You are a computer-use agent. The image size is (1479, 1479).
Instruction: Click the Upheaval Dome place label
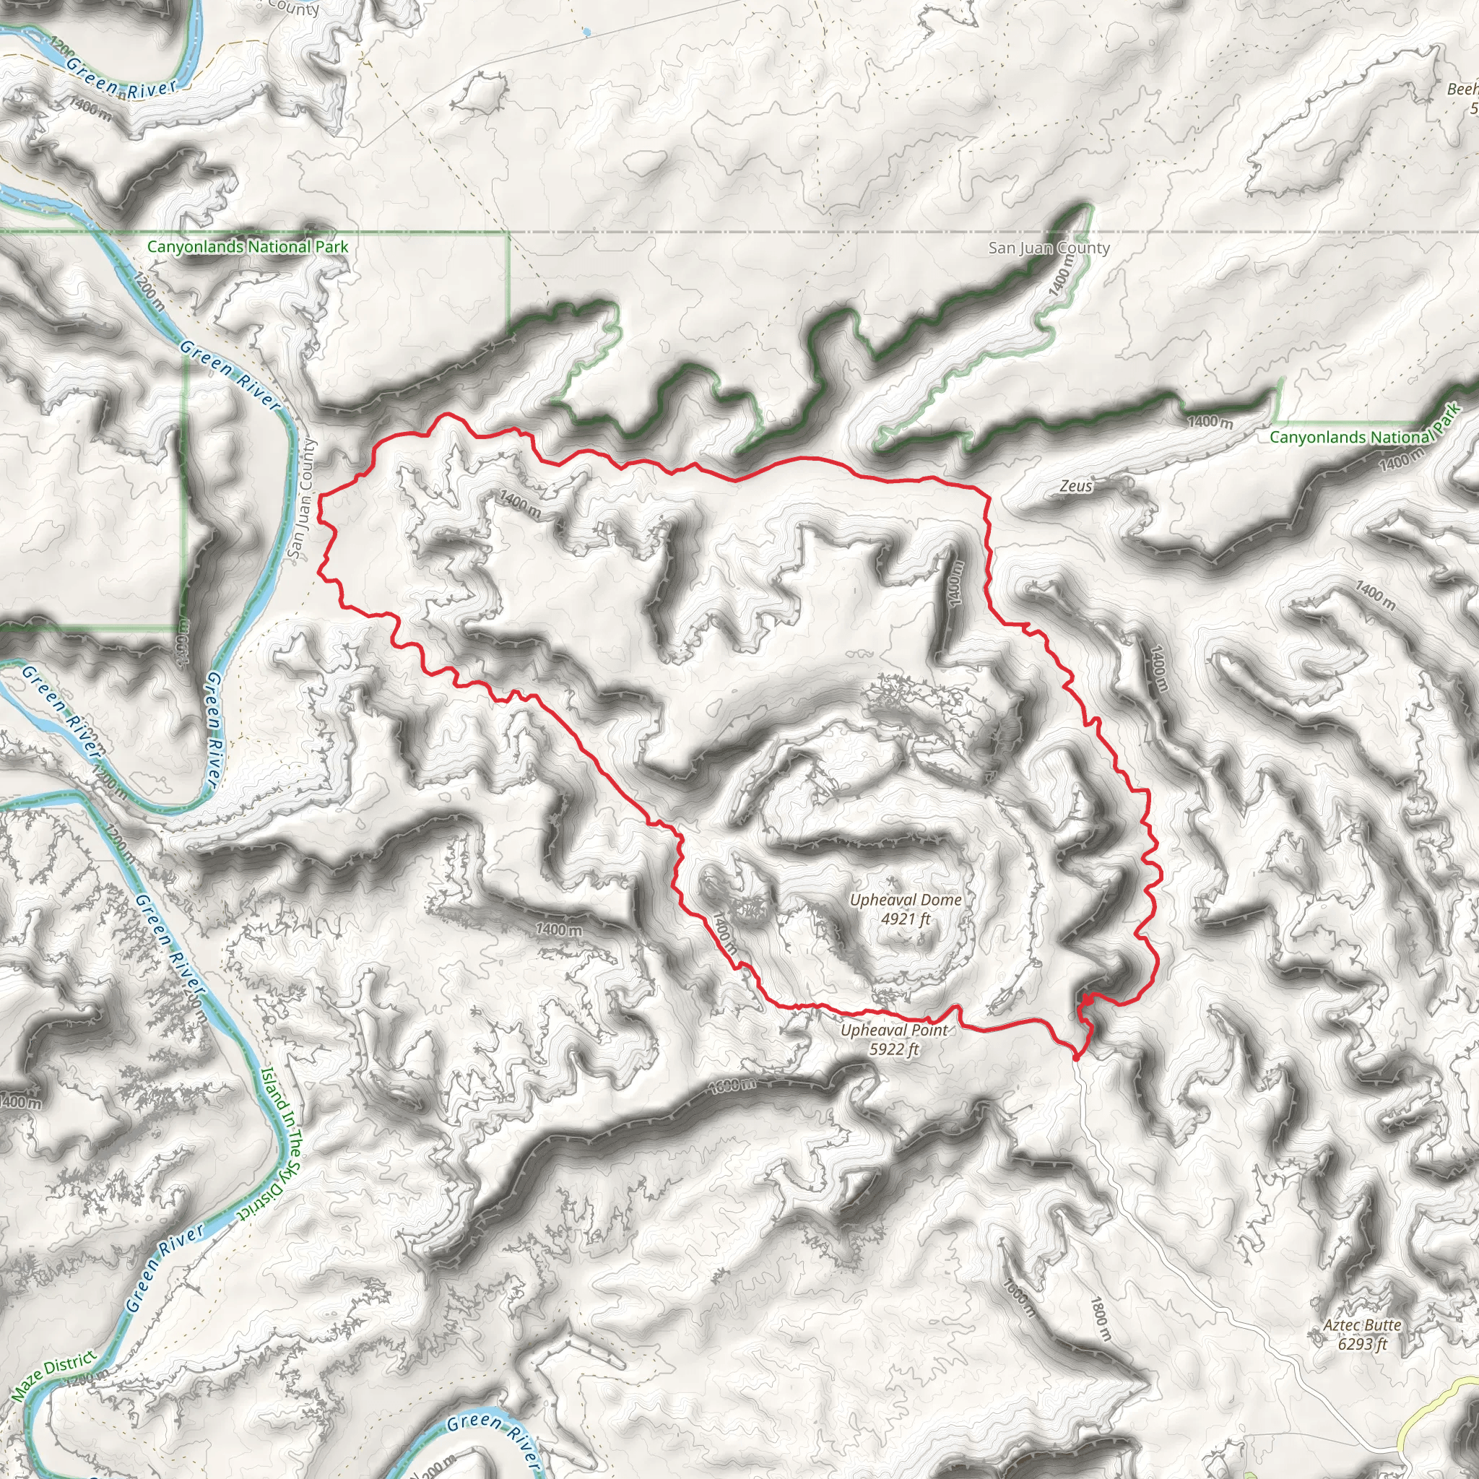click(x=906, y=900)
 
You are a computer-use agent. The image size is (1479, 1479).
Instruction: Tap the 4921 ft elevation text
click(x=906, y=918)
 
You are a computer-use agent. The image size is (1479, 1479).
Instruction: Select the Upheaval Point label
click(x=893, y=1030)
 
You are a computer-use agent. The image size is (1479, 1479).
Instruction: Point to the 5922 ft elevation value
click(x=893, y=1049)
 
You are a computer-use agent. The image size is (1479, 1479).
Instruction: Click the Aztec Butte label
click(x=1362, y=1324)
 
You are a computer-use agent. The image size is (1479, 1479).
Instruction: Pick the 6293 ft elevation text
click(x=1362, y=1343)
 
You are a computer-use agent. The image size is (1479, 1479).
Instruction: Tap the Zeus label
click(x=1075, y=485)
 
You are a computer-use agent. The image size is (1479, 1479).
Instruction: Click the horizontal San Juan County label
click(x=1049, y=247)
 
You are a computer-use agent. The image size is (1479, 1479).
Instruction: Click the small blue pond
click(x=586, y=32)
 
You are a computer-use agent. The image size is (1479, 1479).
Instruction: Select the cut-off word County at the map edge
click(x=294, y=9)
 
